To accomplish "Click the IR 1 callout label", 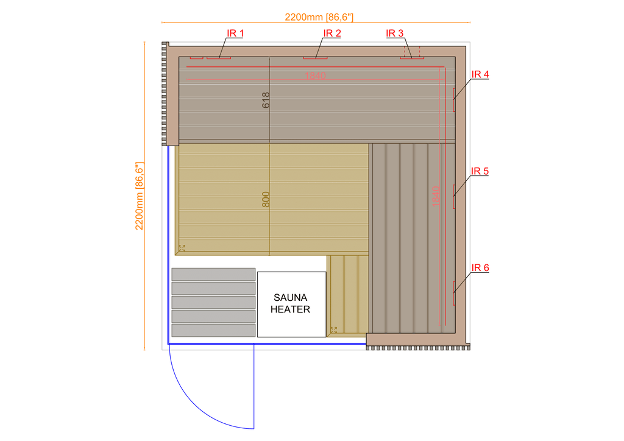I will (235, 34).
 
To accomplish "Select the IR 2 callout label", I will (332, 34).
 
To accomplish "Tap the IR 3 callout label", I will (395, 34).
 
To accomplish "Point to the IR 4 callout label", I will (480, 74).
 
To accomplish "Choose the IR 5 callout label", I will (480, 171).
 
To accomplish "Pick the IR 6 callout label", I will (480, 267).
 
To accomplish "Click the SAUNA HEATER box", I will (291, 304).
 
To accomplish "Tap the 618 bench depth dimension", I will (266, 101).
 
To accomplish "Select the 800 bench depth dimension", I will (266, 200).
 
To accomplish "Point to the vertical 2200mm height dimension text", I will (139, 196).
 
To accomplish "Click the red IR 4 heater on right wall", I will (454, 100).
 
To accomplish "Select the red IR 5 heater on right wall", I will (454, 196).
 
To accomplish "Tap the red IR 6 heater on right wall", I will (454, 292).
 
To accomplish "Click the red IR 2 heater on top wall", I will (316, 58).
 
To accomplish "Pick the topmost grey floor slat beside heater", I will (213, 274).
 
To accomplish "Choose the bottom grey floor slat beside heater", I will (213, 330).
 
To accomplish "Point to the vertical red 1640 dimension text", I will (435, 196).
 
